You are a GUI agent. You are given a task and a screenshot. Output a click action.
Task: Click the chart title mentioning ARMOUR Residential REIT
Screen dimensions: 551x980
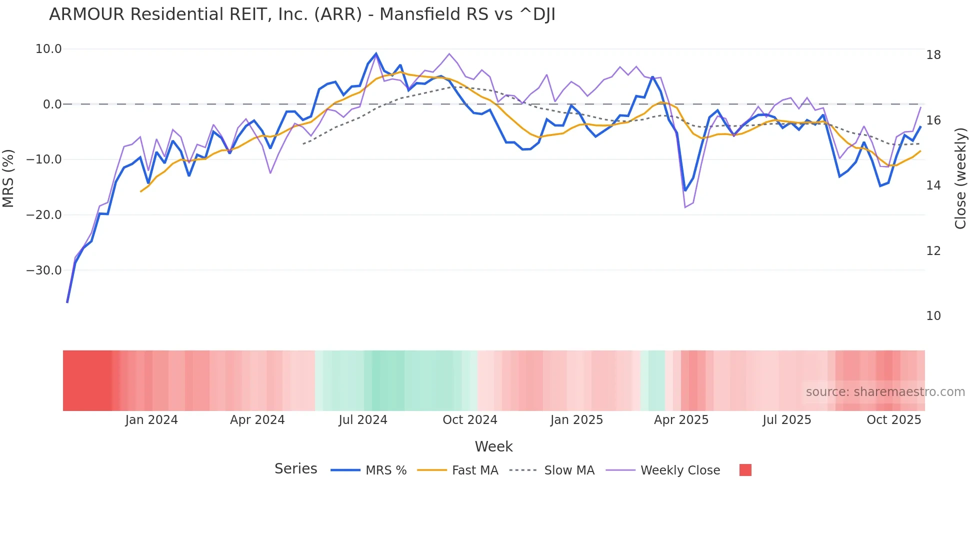(302, 14)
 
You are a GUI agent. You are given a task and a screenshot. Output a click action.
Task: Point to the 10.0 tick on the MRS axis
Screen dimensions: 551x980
(48, 49)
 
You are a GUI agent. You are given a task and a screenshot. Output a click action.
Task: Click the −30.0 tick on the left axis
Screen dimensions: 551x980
(44, 270)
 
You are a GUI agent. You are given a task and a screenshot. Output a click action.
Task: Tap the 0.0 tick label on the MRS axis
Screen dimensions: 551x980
(52, 104)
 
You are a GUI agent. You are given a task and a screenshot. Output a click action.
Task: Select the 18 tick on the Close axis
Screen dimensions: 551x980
(933, 55)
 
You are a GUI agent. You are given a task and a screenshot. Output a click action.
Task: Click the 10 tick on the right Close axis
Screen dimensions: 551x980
(933, 316)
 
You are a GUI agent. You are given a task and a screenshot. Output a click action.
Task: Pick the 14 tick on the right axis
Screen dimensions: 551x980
(933, 185)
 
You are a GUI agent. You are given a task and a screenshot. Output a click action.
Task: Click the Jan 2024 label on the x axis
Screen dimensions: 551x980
(151, 420)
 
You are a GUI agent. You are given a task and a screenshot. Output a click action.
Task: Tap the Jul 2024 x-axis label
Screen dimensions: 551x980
(363, 420)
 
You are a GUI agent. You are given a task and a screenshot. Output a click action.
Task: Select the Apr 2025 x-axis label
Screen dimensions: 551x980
(681, 420)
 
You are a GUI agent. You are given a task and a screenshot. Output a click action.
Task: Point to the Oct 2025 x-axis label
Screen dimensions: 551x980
(893, 420)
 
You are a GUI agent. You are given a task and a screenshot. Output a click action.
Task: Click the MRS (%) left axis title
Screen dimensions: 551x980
(8, 178)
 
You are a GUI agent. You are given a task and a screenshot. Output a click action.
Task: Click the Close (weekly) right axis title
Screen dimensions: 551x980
(960, 178)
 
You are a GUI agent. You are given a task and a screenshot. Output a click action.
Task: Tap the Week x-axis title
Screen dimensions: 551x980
(493, 446)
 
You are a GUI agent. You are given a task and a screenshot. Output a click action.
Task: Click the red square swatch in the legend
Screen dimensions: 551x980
(745, 470)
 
